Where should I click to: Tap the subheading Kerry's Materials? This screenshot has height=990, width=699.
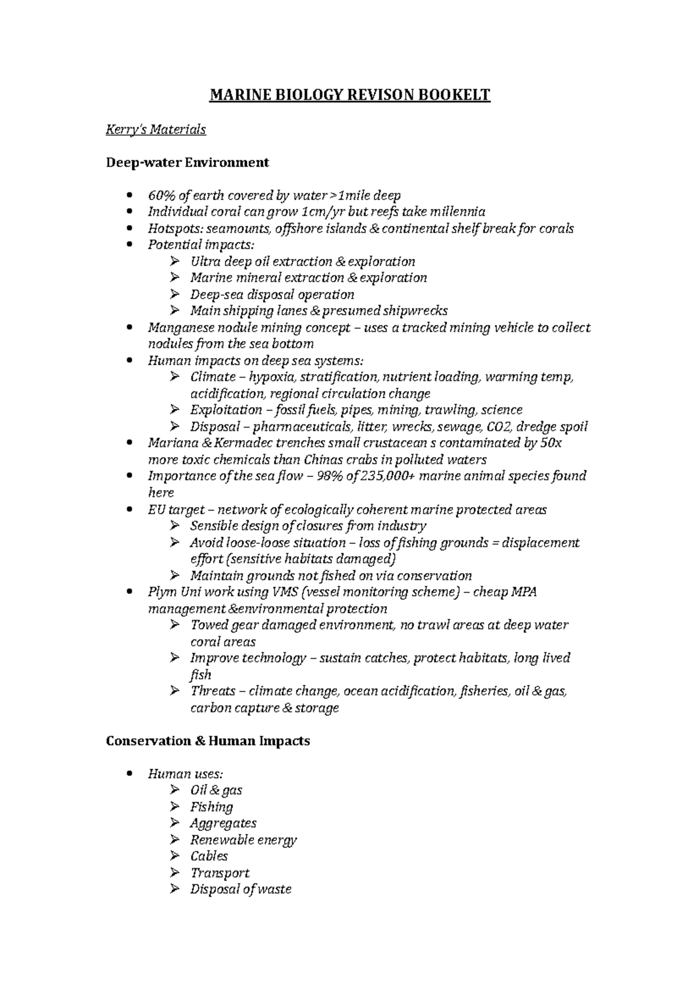coord(156,129)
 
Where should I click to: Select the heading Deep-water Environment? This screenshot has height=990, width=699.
coord(187,163)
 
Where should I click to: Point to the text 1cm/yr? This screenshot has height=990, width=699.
coord(324,212)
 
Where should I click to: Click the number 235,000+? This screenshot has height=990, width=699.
coord(386,476)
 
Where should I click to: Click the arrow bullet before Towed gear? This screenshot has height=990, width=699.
coord(175,626)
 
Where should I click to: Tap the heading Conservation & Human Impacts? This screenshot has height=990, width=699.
coord(207,741)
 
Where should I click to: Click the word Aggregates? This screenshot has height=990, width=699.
coord(223,823)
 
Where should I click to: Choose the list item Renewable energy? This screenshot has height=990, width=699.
coord(243,840)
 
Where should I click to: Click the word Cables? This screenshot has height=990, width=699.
coord(209,856)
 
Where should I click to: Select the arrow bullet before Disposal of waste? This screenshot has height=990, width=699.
coord(175,890)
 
